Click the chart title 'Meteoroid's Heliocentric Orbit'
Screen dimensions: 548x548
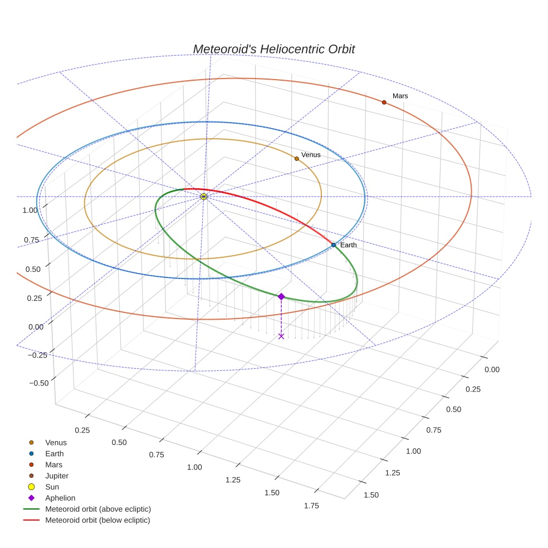273,49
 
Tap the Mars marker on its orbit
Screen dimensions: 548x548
384,102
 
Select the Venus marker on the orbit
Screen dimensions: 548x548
296,159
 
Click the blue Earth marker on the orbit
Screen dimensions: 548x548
333,245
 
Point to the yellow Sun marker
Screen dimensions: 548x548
204,197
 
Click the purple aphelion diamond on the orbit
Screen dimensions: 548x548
281,296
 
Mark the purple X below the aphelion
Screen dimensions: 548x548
281,336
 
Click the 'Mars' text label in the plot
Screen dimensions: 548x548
400,96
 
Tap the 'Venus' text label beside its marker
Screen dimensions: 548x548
311,154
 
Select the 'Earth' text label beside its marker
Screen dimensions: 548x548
348,245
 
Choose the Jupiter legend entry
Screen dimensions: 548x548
57,476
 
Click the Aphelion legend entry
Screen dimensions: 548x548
60,498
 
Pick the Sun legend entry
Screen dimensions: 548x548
52,487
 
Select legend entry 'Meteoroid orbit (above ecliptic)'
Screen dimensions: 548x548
98,509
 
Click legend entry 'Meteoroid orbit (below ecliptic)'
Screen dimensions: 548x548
97,520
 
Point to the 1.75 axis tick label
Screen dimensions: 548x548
311,505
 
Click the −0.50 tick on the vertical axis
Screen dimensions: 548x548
38,382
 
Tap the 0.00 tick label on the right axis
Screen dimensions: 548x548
492,369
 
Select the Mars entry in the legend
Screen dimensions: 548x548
53,464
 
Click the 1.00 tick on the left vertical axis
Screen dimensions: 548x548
30,210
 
